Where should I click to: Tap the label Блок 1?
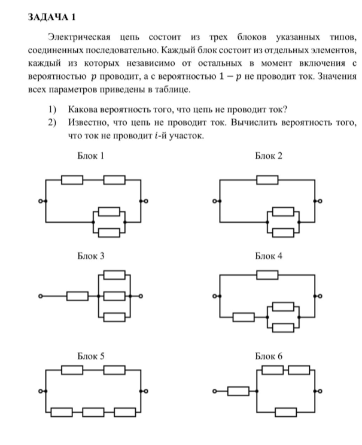coord(91,156)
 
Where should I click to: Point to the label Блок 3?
coord(91,256)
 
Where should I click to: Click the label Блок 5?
coord(91,356)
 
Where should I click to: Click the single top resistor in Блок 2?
coord(267,178)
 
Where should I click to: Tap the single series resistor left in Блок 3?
coord(78,296)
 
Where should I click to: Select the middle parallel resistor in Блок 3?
coord(114,296)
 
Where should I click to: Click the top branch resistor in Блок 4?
coord(267,275)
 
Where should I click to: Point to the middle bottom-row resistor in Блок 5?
coord(93,411)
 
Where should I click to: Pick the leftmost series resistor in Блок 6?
coord(238,392)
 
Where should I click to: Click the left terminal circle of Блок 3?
coord(41,296)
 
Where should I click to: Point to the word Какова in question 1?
coord(83,109)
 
